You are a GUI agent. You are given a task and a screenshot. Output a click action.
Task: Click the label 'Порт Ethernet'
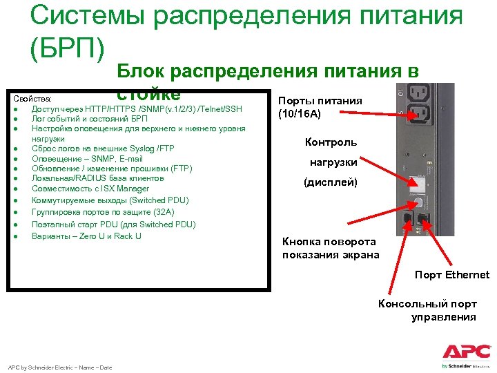(451, 275)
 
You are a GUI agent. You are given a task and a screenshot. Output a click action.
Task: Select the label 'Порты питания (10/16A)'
(320, 108)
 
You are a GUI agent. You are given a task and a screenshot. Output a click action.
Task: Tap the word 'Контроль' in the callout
(331, 142)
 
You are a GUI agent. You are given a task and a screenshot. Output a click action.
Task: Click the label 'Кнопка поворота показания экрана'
(330, 248)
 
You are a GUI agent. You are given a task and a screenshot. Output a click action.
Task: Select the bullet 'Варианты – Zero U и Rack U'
(86, 236)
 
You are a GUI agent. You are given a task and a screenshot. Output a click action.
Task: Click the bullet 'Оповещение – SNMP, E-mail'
(87, 159)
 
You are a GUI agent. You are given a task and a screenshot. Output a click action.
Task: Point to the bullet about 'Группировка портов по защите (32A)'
(103, 212)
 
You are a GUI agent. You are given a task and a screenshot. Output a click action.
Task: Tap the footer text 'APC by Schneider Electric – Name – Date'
(59, 367)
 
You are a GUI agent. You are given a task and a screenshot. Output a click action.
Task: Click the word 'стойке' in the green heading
(148, 94)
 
